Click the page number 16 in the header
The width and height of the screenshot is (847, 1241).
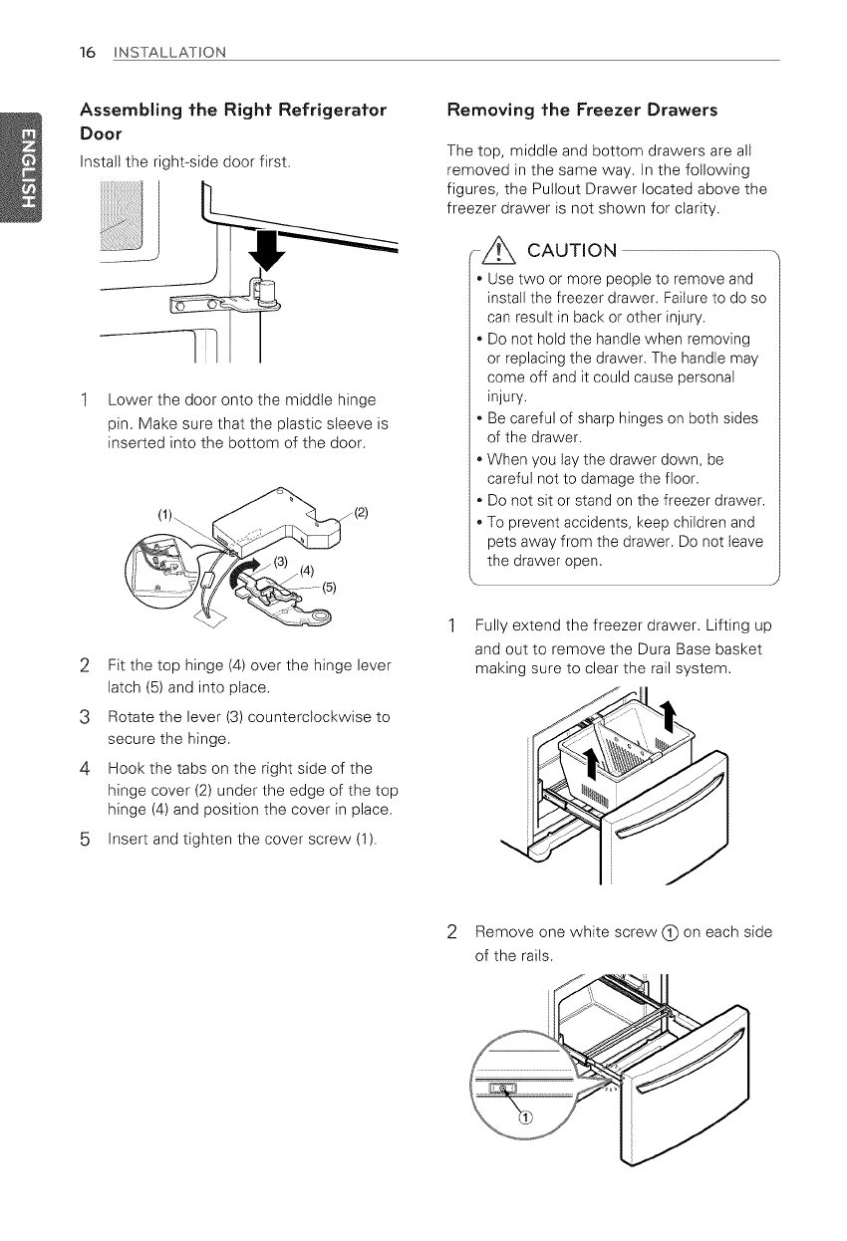[x=87, y=51]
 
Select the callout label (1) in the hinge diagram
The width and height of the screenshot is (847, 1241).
[x=168, y=516]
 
